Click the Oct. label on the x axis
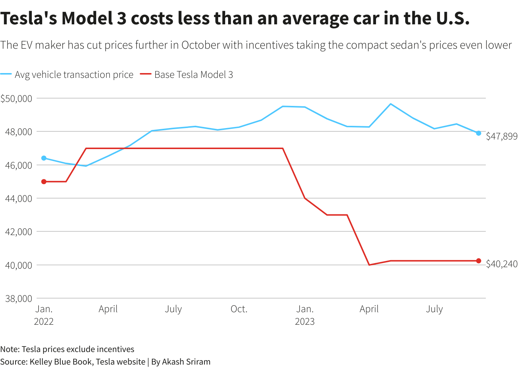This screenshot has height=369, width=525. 239,309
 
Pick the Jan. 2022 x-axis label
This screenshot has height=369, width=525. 44,315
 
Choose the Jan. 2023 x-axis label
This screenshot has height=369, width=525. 305,315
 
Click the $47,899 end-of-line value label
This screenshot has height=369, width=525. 502,137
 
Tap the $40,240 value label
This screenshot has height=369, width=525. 502,264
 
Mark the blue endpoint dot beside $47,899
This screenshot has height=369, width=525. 478,133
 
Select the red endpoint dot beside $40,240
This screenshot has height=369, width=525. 478,261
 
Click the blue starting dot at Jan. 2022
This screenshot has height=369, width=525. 44,158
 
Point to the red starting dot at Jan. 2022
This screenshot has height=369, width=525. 44,182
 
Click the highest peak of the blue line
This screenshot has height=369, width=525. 391,104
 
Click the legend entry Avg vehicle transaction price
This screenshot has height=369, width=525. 74,75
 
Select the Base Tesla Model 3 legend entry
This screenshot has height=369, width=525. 193,75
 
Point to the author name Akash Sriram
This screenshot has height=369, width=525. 186,362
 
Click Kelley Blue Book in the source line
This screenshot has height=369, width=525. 61,362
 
